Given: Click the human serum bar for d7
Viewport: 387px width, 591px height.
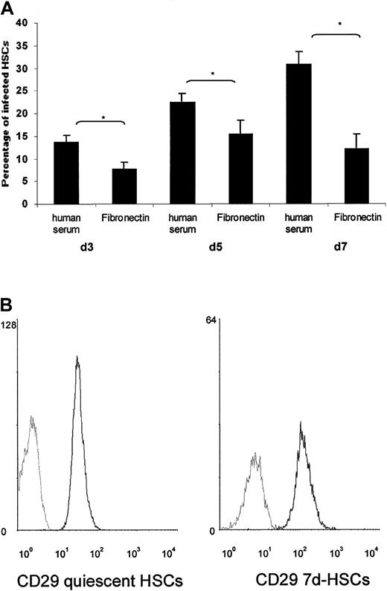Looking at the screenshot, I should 298,134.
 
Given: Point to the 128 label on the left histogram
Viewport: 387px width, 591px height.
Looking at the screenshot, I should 10,323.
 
